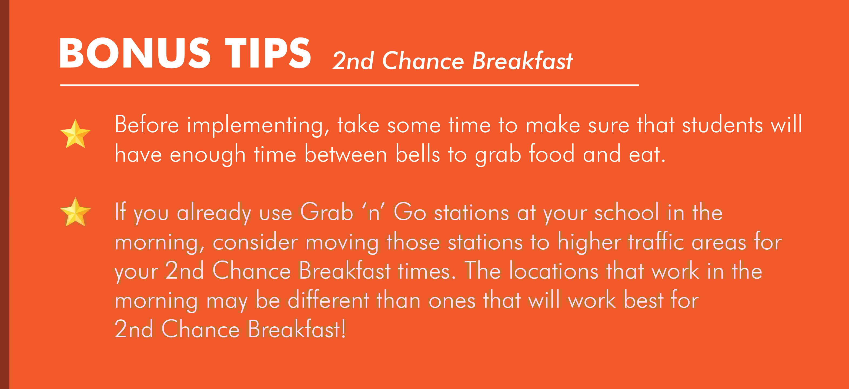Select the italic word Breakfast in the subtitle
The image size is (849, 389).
point(522,61)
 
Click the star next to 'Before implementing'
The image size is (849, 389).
point(75,134)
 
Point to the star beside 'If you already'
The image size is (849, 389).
point(75,212)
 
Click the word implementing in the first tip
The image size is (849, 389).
point(258,126)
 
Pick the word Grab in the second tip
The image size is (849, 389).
point(326,212)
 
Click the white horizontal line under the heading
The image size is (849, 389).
point(349,85)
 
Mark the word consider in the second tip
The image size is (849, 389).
point(255,242)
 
